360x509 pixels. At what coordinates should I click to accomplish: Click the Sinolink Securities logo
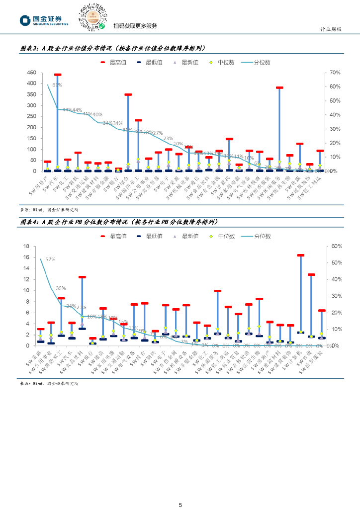[x=44, y=20]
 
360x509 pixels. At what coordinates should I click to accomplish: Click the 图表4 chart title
[x=119, y=222]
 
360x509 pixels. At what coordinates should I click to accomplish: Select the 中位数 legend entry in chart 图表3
[x=219, y=63]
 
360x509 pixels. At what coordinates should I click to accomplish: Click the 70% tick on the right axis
[x=335, y=73]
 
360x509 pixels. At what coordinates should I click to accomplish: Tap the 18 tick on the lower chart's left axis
[x=27, y=246]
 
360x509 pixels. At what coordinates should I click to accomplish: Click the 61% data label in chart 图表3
[x=57, y=85]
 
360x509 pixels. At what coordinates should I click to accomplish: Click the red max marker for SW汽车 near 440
[x=58, y=75]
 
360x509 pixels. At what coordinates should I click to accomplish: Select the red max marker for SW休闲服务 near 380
[x=279, y=87]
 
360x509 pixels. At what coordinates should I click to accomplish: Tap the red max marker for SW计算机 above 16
[x=300, y=255]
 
